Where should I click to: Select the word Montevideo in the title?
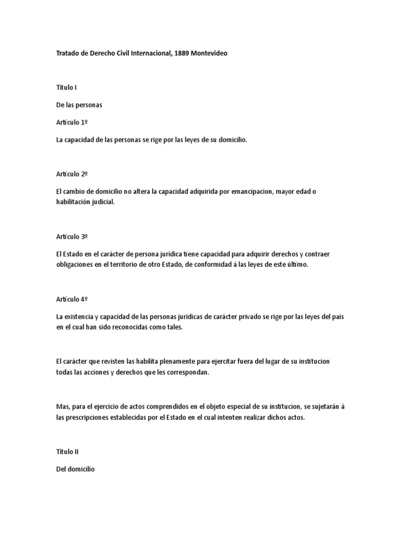tap(210, 54)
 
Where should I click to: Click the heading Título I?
tap(66, 88)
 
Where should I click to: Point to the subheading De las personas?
tap(79, 105)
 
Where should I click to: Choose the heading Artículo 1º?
tap(72, 122)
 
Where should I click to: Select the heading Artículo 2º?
tap(72, 174)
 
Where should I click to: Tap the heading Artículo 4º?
tap(72, 299)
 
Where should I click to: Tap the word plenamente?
tap(171, 362)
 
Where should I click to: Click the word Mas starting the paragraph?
tap(62, 407)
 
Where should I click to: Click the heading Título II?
tap(67, 452)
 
